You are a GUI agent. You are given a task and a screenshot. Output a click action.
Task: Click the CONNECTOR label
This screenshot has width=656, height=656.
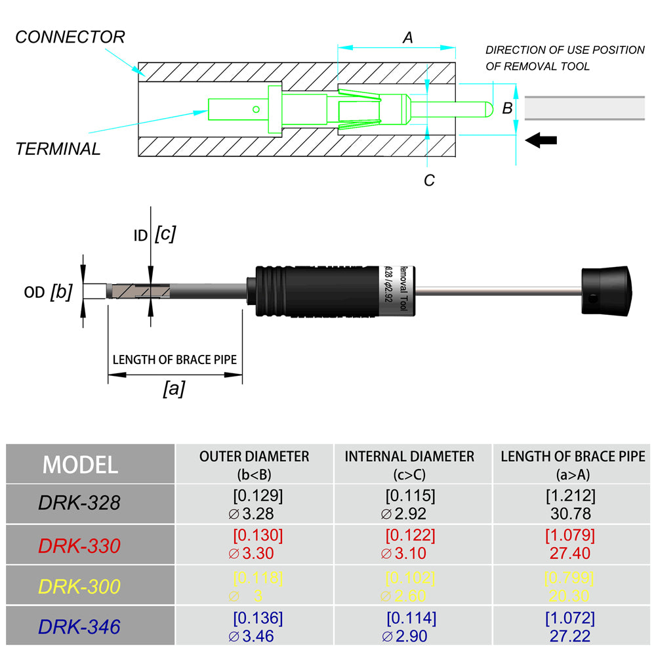point(70,37)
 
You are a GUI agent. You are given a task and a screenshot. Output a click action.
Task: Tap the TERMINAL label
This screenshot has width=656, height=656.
point(58,149)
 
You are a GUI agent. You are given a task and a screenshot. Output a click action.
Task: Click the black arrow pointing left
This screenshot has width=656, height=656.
point(541,140)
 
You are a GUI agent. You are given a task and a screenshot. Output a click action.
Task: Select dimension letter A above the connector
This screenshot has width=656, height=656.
point(407,38)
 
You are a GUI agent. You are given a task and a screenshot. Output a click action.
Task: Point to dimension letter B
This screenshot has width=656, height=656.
point(507,108)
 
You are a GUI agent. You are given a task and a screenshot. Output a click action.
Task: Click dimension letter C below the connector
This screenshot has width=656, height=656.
point(429,180)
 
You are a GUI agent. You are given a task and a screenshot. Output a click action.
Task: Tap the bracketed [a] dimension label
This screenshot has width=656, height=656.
point(174,389)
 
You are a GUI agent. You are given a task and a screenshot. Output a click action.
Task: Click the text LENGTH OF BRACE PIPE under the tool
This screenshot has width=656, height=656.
point(174,360)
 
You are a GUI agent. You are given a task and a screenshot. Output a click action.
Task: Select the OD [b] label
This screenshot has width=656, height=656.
point(48,292)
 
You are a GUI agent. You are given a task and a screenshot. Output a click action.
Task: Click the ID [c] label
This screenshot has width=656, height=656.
point(155,234)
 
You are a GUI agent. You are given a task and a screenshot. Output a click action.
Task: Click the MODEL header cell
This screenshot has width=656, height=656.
point(81,464)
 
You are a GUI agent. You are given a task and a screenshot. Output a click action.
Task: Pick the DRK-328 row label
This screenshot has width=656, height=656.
point(79,503)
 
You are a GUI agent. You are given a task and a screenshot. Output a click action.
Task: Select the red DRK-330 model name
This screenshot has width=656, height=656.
point(79,545)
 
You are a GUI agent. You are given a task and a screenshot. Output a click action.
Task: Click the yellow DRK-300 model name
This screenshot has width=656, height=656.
point(79,586)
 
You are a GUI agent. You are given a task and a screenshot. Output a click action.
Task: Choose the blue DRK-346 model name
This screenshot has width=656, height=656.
point(79,626)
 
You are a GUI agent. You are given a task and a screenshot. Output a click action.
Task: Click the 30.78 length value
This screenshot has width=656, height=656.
point(570,513)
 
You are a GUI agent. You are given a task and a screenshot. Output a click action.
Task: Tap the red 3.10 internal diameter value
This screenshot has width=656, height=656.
point(409,554)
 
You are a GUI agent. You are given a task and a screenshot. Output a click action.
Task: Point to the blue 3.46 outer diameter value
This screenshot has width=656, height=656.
point(257,636)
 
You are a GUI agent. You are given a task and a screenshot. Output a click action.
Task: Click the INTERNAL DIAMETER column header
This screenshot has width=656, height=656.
point(409,456)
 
